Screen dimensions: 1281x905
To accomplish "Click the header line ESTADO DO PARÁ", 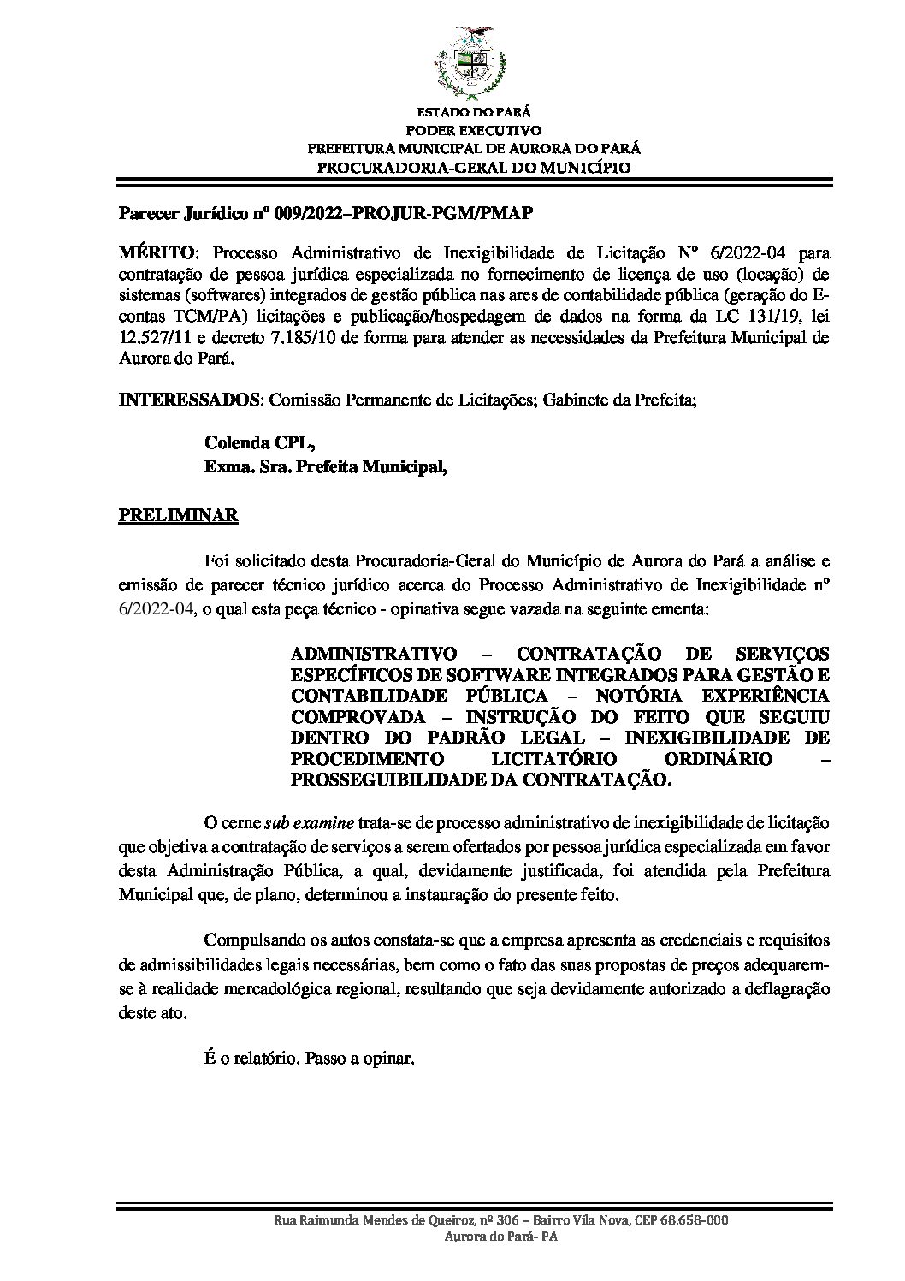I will point(473,112).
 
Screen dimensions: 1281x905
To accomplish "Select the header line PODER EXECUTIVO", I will point(473,130).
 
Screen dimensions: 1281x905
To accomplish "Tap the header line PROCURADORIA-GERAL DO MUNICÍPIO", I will point(473,167).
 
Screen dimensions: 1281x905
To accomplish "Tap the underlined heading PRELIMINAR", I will point(178,516).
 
